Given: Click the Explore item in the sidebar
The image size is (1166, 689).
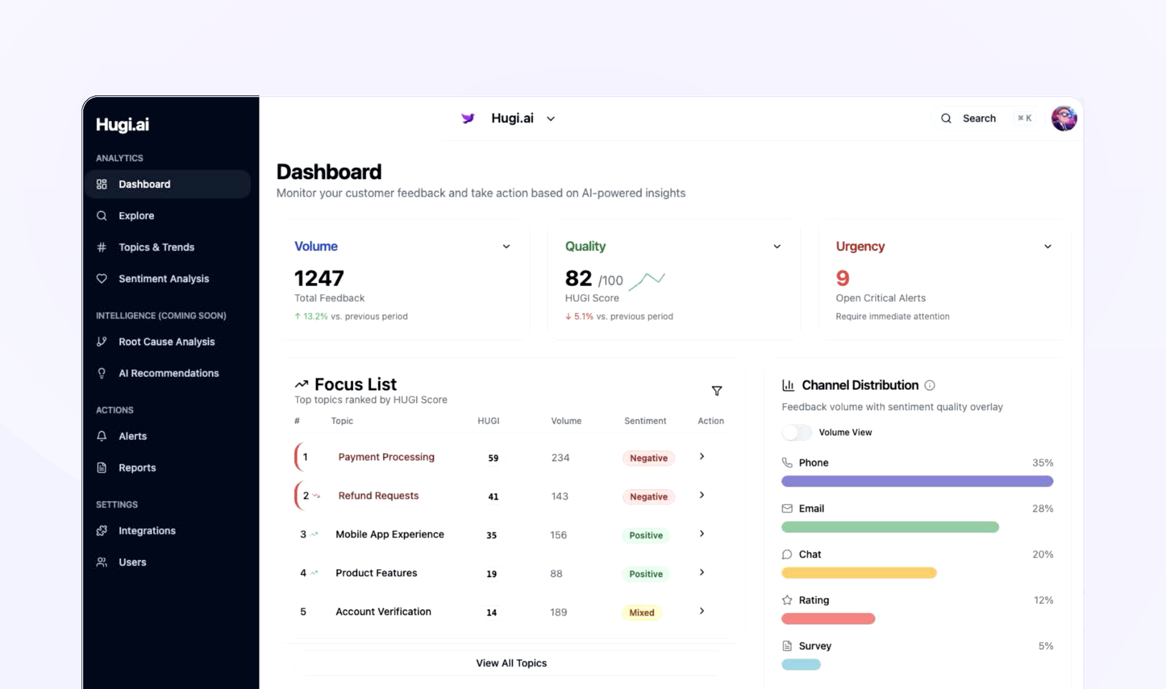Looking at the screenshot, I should pos(136,216).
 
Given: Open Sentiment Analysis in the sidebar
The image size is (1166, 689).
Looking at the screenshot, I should pos(163,279).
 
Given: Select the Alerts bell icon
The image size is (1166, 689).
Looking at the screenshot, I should pos(102,436).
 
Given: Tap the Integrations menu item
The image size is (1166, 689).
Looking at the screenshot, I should pos(146,530).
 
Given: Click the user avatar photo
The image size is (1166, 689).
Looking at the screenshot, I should pos(1064,118).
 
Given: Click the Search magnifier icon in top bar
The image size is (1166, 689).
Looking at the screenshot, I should pos(946,118).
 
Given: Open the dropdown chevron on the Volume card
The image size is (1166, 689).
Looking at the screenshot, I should pos(506,247).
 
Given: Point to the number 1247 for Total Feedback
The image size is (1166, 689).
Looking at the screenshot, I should pos(319,278).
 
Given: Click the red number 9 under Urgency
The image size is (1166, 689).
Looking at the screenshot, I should pos(842,278).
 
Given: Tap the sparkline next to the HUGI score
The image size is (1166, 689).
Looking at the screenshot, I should pos(647,281).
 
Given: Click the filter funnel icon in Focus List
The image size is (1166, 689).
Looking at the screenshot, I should pos(717,391).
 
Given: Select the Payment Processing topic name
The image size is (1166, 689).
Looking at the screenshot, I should pos(386,457).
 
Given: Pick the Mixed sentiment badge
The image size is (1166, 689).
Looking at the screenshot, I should pos(641,612).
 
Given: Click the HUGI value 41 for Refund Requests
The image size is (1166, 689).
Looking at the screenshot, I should pos(493,496).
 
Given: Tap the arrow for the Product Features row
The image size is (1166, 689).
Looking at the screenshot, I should pos(701,572).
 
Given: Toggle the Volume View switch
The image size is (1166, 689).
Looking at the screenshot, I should pos(796,433).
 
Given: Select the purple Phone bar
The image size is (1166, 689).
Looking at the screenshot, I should pos(917,481).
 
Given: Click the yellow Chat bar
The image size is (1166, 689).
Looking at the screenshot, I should pos(859,573).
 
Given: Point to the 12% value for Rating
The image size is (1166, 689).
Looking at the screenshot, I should pos(1043,600).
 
